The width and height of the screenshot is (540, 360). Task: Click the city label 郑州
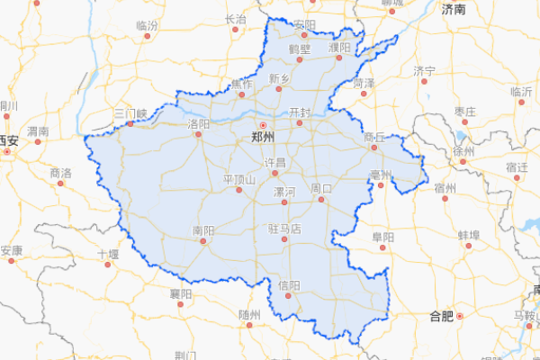[263, 138]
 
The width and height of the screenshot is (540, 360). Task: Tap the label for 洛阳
[199, 123]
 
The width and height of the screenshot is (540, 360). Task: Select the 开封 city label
[300, 112]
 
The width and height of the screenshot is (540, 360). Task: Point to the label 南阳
[203, 231]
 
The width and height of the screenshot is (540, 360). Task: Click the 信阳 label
[289, 285]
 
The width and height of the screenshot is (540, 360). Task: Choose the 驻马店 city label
[284, 229]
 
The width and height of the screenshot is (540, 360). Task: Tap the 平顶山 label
[239, 179]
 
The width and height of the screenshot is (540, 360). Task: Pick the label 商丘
[374, 136]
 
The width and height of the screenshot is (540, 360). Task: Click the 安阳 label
[305, 24]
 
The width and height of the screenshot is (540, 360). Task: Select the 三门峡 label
[130, 113]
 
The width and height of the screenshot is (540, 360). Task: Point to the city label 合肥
[442, 316]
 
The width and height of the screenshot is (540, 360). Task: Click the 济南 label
[454, 9]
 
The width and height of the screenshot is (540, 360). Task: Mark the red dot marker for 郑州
[263, 125]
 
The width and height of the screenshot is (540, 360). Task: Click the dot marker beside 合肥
[459, 316]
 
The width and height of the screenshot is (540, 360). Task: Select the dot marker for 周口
[319, 199]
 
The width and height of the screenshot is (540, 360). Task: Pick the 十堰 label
[108, 255]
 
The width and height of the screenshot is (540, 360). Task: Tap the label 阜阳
[382, 237]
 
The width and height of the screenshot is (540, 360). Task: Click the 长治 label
[235, 18]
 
